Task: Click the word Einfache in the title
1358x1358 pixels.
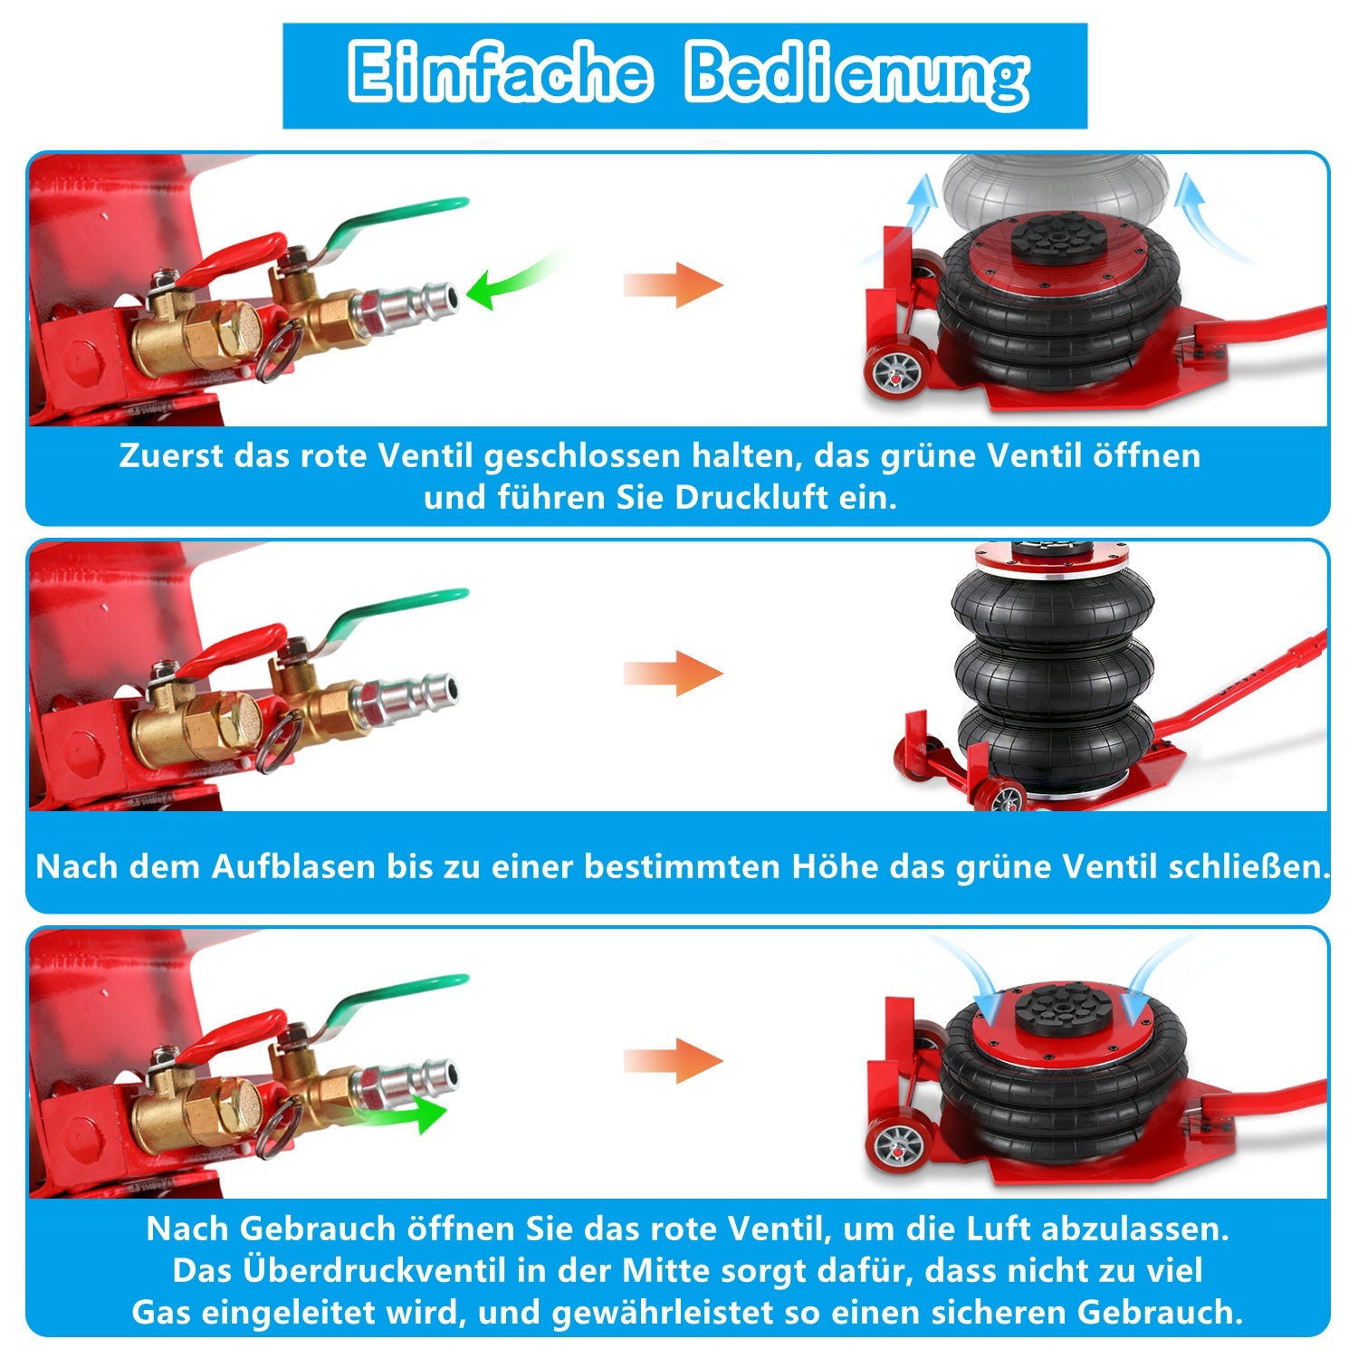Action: point(499,72)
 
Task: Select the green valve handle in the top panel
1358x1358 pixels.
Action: point(398,217)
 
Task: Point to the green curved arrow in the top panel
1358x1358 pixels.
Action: point(512,281)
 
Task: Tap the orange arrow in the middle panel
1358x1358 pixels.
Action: point(674,674)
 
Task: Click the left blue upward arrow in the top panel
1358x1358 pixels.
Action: point(921,204)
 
